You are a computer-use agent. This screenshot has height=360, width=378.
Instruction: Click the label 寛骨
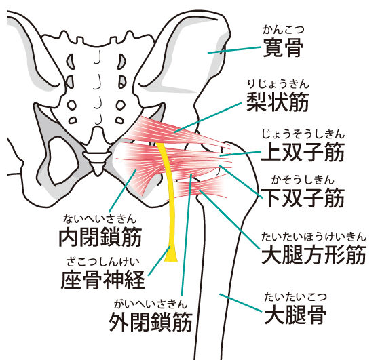click(x=283, y=47)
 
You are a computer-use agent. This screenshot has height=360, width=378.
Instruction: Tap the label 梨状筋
click(x=278, y=102)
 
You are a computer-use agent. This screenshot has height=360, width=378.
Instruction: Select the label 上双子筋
click(x=303, y=152)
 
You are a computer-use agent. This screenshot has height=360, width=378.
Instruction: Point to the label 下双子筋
click(x=303, y=198)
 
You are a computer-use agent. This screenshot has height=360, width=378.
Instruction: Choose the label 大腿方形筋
click(x=314, y=254)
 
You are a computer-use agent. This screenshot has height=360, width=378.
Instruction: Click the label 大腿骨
click(x=295, y=315)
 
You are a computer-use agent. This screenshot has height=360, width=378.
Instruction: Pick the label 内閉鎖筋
click(x=100, y=237)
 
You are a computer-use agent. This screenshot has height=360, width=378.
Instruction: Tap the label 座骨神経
click(x=102, y=279)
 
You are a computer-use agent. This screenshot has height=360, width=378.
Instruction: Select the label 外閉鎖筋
click(x=151, y=322)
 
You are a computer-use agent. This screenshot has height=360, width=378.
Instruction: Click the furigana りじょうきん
click(x=278, y=85)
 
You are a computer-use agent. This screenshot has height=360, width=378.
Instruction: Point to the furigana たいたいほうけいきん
click(x=314, y=237)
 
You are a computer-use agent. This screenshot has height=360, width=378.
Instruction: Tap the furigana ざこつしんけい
click(x=103, y=262)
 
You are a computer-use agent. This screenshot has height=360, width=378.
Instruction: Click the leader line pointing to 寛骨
click(x=234, y=50)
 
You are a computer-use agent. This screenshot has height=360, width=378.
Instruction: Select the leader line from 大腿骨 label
click(x=241, y=302)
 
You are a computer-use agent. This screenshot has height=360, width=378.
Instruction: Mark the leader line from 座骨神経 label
click(x=159, y=260)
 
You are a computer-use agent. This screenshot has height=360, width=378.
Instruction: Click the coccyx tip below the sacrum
click(x=98, y=174)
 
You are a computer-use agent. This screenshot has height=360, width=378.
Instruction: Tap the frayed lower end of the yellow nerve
click(x=171, y=256)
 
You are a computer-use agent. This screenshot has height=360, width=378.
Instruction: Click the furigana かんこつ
click(x=283, y=30)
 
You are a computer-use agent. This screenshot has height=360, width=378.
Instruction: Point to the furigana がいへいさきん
click(x=151, y=304)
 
